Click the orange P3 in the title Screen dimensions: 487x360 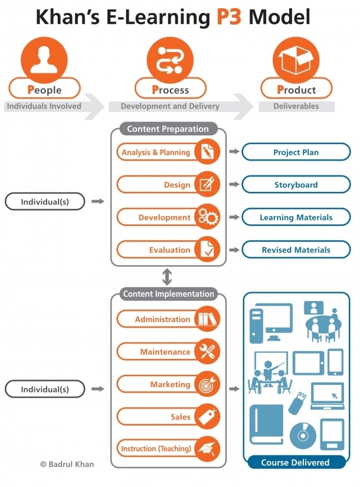[228, 18]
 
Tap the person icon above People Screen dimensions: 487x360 [44, 60]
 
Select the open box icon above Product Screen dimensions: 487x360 [296, 60]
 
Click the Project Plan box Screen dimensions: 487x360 [296, 152]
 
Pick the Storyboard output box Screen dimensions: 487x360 [296, 185]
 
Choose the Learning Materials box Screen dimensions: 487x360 [296, 217]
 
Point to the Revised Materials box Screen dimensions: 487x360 [296, 250]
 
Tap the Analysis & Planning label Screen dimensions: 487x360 [156, 152]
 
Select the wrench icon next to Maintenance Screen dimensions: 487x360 [207, 352]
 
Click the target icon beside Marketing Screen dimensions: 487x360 [207, 384]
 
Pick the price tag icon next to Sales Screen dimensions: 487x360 [207, 417]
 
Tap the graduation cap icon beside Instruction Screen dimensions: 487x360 [207, 449]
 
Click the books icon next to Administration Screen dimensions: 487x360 [207, 319]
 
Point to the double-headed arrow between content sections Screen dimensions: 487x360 [168, 276]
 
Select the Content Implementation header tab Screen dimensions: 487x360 [168, 294]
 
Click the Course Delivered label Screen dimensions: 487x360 [295, 462]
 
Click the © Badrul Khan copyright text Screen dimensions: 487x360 [67, 464]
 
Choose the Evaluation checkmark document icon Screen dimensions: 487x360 [207, 250]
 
